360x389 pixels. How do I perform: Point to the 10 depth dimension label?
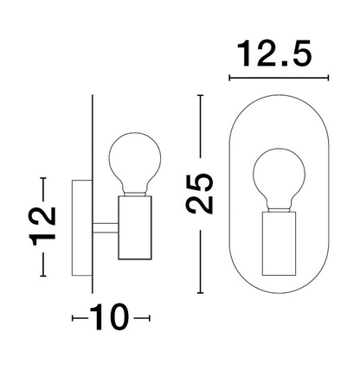(111, 318)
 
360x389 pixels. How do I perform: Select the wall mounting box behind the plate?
(80, 226)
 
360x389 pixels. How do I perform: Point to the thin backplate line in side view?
(91, 173)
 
